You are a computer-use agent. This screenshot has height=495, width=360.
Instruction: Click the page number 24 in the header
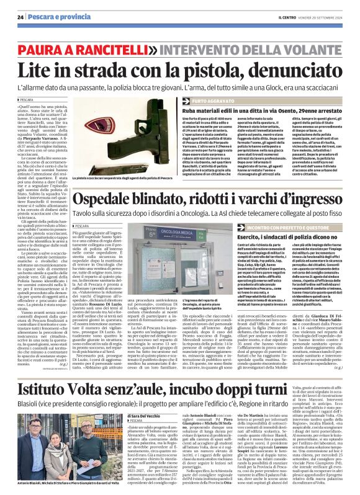(x=20, y=17)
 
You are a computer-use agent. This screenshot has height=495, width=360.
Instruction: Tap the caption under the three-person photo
(x=65, y=483)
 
